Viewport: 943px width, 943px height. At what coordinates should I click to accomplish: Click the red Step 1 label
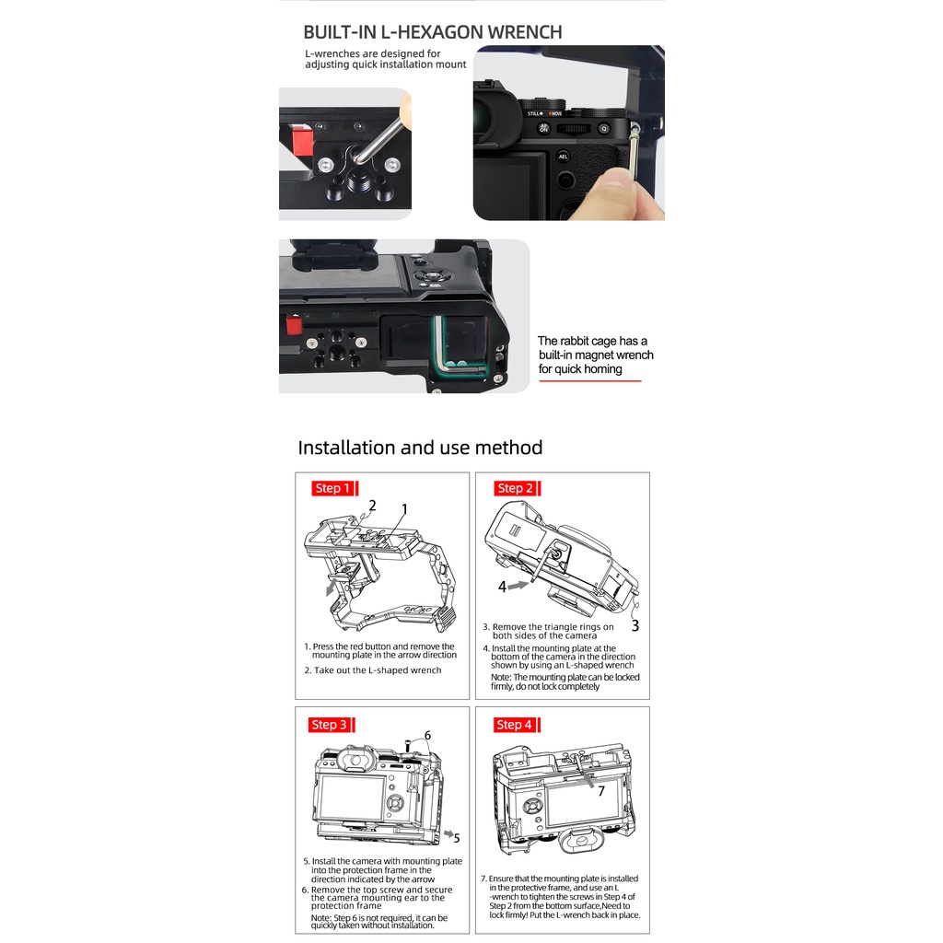[332, 488]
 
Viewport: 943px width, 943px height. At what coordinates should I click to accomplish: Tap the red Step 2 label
[515, 488]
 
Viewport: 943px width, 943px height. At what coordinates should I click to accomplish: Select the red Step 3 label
[329, 725]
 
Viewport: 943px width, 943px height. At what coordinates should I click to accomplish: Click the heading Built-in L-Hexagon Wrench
[432, 32]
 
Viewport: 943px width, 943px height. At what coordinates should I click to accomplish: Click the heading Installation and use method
[420, 448]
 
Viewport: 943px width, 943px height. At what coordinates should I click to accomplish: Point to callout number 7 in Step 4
[600, 790]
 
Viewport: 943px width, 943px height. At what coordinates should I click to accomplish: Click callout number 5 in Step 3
[457, 838]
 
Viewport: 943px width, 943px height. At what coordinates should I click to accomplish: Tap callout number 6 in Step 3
[426, 736]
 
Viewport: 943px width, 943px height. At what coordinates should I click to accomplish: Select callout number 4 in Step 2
[502, 587]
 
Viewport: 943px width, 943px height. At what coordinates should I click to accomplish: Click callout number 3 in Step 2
[634, 626]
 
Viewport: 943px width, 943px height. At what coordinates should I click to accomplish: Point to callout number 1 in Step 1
[403, 509]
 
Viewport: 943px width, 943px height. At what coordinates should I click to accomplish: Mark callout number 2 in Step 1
[372, 506]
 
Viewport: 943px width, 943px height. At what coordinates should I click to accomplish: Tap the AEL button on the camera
[563, 157]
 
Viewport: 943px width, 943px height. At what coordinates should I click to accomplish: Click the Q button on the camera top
[604, 129]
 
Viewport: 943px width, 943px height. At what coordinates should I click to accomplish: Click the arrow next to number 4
[520, 583]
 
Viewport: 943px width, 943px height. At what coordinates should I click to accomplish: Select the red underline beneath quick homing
[589, 380]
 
